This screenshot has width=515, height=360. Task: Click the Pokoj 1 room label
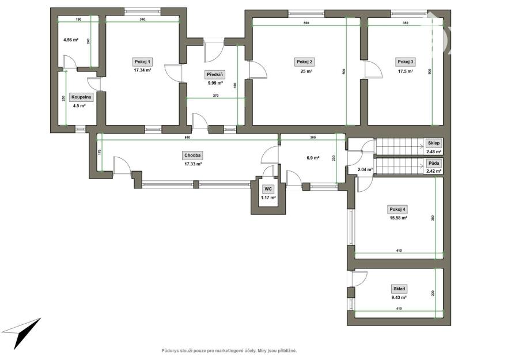[142, 62]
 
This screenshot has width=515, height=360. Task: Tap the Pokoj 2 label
[305, 62]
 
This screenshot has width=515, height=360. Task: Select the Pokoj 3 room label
[406, 62]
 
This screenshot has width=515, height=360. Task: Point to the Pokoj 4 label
[397, 209]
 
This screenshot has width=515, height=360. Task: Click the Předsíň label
[215, 75]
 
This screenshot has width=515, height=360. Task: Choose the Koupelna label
[81, 97]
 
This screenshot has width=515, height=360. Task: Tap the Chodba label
[193, 156]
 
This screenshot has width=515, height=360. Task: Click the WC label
[268, 189]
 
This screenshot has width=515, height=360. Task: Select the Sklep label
[434, 143]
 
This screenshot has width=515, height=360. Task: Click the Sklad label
[399, 289]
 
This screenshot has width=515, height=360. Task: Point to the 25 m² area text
[306, 71]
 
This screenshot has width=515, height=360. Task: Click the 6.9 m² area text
[313, 158]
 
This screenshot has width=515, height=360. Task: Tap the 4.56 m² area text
[71, 40]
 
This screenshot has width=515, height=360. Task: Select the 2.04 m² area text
[365, 170]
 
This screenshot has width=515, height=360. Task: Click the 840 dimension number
[188, 137]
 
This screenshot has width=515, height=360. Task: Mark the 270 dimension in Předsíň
[216, 96]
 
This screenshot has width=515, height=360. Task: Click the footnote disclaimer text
[229, 351]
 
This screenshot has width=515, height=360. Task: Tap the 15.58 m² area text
[398, 218]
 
